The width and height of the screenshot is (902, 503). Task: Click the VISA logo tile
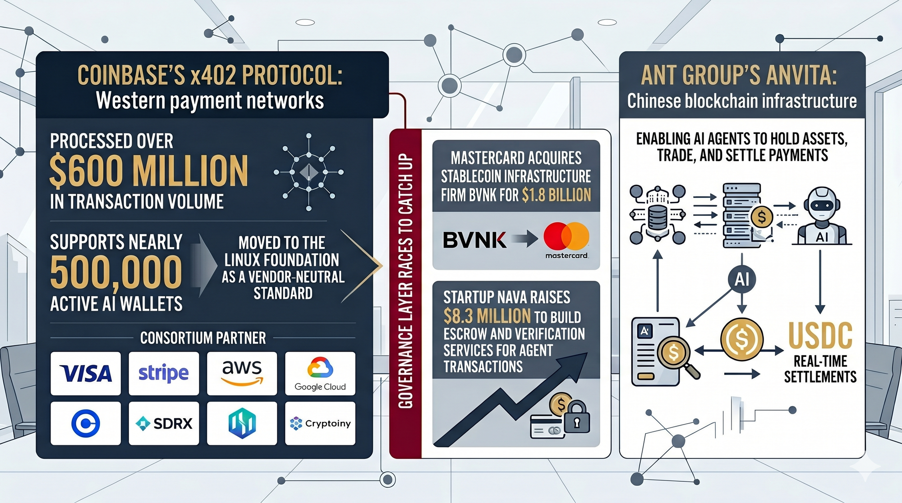click(x=86, y=373)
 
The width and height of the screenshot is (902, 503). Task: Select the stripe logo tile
click(x=164, y=373)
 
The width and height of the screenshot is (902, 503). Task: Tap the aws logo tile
click(x=242, y=373)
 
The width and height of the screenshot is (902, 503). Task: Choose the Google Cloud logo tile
click(x=320, y=373)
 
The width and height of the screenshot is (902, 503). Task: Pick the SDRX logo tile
click(x=164, y=423)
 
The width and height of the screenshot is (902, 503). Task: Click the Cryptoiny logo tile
click(x=320, y=423)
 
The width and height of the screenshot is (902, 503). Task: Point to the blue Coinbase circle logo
click(x=86, y=423)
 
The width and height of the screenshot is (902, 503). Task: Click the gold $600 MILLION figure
click(x=148, y=171)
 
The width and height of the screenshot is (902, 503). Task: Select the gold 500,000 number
click(x=116, y=272)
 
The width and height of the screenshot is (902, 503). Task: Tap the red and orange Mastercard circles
click(x=566, y=236)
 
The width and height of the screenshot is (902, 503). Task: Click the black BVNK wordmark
click(x=474, y=240)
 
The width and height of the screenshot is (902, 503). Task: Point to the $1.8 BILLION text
click(x=557, y=195)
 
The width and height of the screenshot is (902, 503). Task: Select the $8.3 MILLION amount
click(x=487, y=316)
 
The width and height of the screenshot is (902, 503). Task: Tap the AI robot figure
click(x=822, y=216)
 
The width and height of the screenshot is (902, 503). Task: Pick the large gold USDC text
click(x=820, y=336)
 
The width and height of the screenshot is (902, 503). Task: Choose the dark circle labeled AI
click(x=742, y=279)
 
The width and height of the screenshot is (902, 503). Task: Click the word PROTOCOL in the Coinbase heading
click(x=292, y=75)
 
